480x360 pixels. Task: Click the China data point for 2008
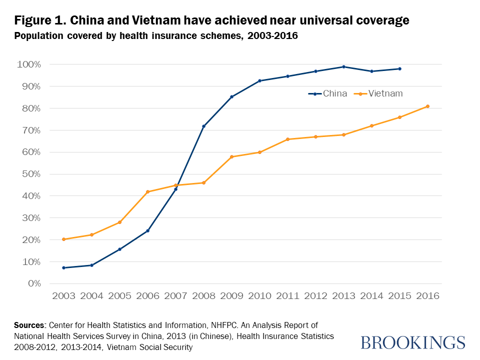pos(203,126)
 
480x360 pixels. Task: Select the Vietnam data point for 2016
pos(427,106)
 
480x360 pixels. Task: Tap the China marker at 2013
pos(343,66)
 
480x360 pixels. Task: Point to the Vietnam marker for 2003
pos(63,239)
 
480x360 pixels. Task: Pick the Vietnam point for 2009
pos(231,157)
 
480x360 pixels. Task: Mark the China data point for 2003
pos(63,267)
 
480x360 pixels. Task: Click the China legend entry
pos(328,93)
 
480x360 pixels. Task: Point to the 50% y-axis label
pos(31,174)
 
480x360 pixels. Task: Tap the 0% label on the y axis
pos(34,283)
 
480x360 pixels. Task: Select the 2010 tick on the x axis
pos(259,295)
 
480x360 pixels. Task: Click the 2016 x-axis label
pos(427,295)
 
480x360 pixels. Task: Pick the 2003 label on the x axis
pos(63,295)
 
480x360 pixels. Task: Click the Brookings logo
pos(412,342)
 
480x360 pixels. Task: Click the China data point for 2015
pos(399,68)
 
